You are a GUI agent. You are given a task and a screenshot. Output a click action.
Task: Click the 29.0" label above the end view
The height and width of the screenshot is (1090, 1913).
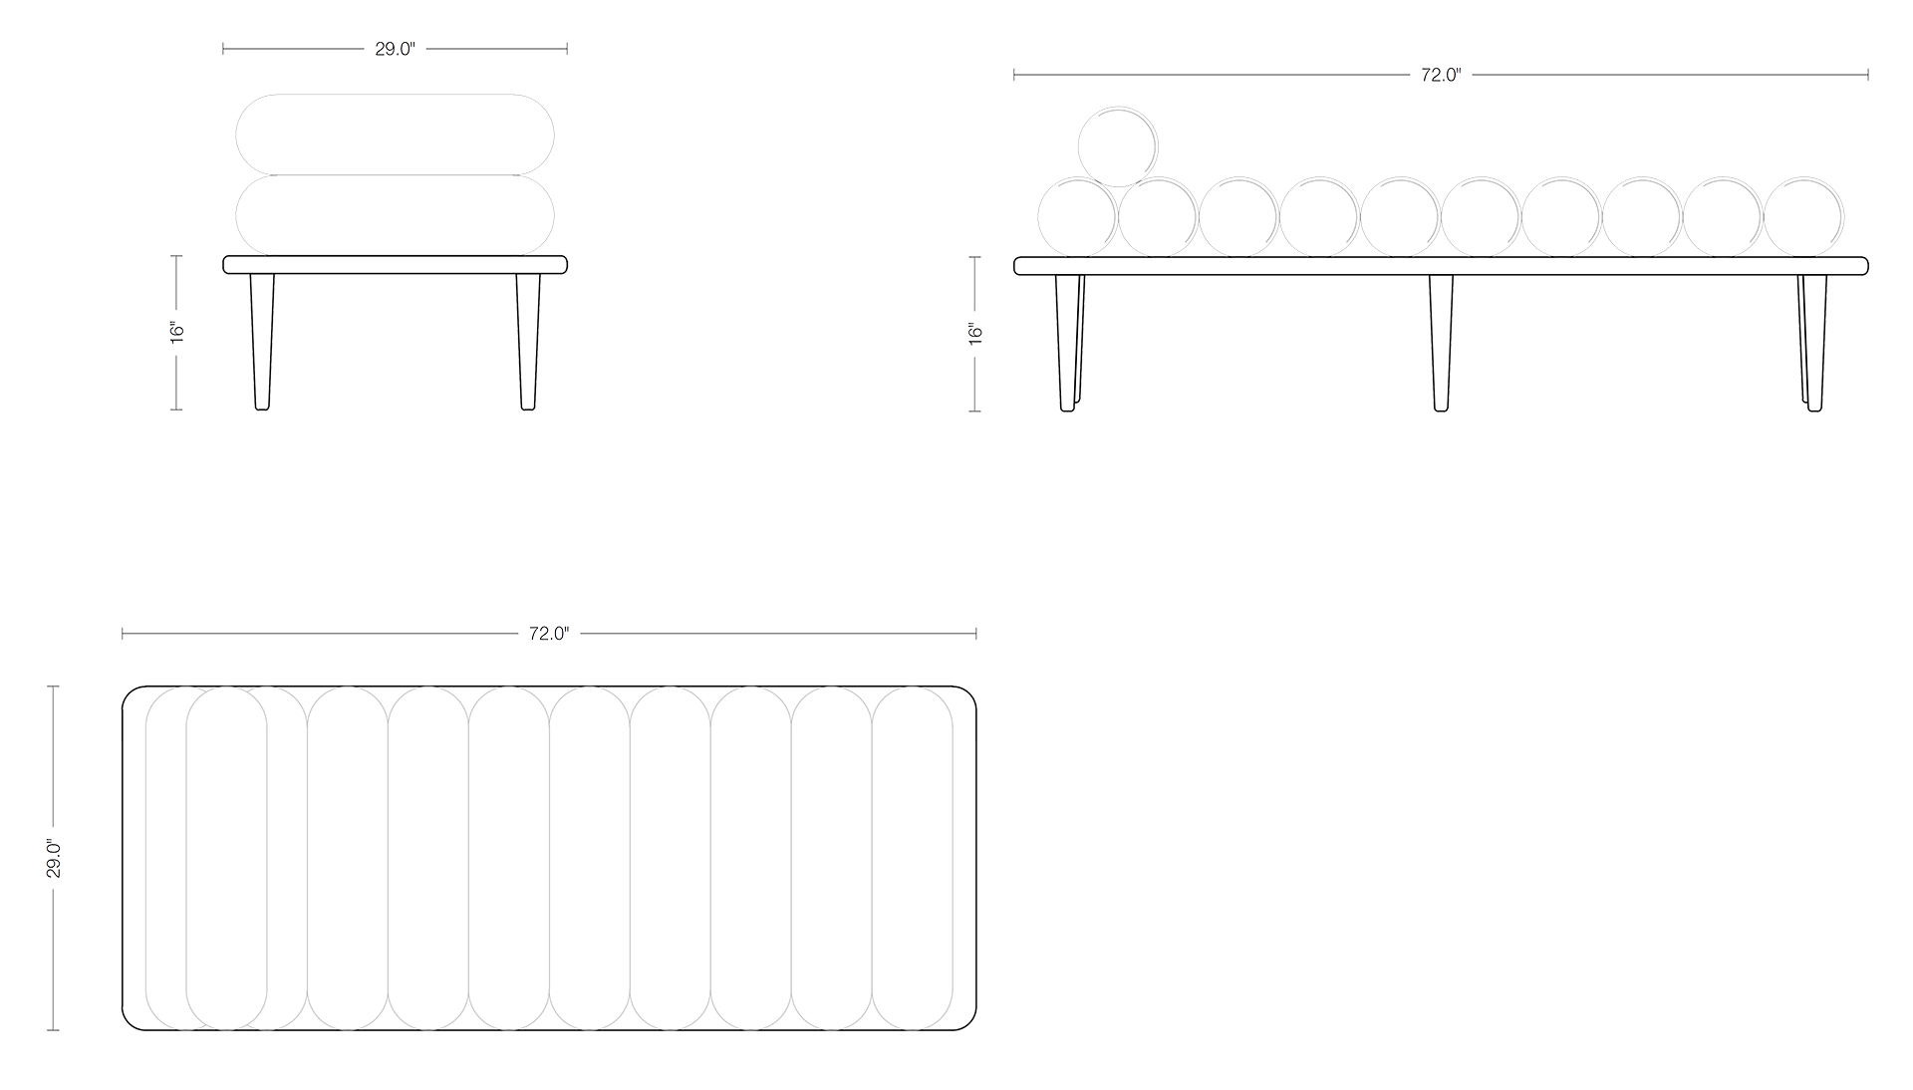click(x=395, y=49)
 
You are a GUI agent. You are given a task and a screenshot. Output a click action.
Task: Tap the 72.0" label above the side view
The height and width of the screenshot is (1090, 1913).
click(x=1441, y=75)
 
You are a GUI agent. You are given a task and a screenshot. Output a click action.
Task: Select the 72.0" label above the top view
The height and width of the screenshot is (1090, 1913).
click(x=549, y=634)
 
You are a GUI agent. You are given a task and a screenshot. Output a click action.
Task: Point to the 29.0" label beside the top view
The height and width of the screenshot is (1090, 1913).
click(x=55, y=859)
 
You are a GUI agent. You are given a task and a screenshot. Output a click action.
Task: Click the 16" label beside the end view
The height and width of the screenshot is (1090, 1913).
click(x=177, y=332)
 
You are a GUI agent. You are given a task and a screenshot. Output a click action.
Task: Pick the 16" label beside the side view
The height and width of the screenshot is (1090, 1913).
click(x=975, y=333)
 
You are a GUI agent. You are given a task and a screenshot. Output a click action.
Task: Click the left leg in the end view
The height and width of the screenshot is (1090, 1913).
click(x=262, y=341)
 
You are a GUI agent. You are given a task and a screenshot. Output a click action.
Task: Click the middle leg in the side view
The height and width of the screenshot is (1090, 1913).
click(x=1441, y=342)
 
